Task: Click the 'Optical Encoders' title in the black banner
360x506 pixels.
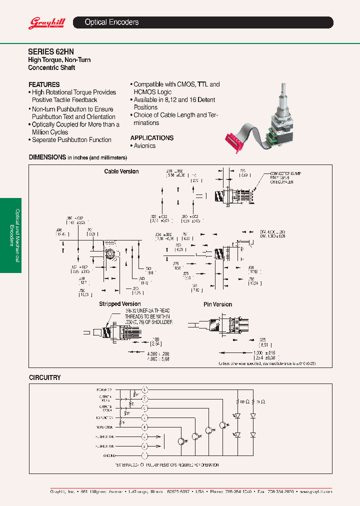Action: pos(111,22)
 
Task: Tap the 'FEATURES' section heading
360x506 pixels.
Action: pos(44,84)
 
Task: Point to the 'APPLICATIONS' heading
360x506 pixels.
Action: pos(152,138)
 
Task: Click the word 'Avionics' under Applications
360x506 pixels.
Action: pos(144,146)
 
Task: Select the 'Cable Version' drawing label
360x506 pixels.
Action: pos(121,171)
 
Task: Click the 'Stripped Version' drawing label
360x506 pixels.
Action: pos(120,304)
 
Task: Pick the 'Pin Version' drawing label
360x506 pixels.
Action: pos(218,304)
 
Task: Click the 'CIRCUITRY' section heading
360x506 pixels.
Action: pos(44,377)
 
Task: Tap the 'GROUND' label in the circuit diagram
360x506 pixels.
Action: pos(109,456)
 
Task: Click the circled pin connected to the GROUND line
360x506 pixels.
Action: pos(145,456)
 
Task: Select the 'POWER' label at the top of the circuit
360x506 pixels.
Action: pos(104,389)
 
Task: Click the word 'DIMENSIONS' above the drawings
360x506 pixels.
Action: pos(47,157)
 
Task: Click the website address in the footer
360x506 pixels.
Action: pos(316,492)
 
